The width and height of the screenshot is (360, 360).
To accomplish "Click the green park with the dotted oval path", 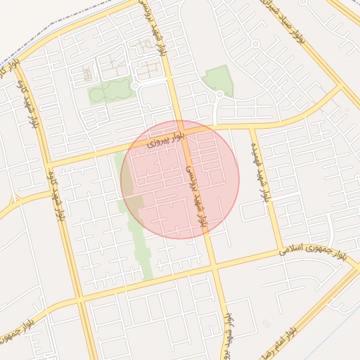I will tap(110, 90).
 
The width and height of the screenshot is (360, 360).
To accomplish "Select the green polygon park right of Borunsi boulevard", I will tap(219, 80).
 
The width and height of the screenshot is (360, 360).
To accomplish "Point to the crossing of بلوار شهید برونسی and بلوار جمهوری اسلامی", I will tap(214, 266).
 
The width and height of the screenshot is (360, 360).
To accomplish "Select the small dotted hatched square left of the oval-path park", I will tap(87, 73).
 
